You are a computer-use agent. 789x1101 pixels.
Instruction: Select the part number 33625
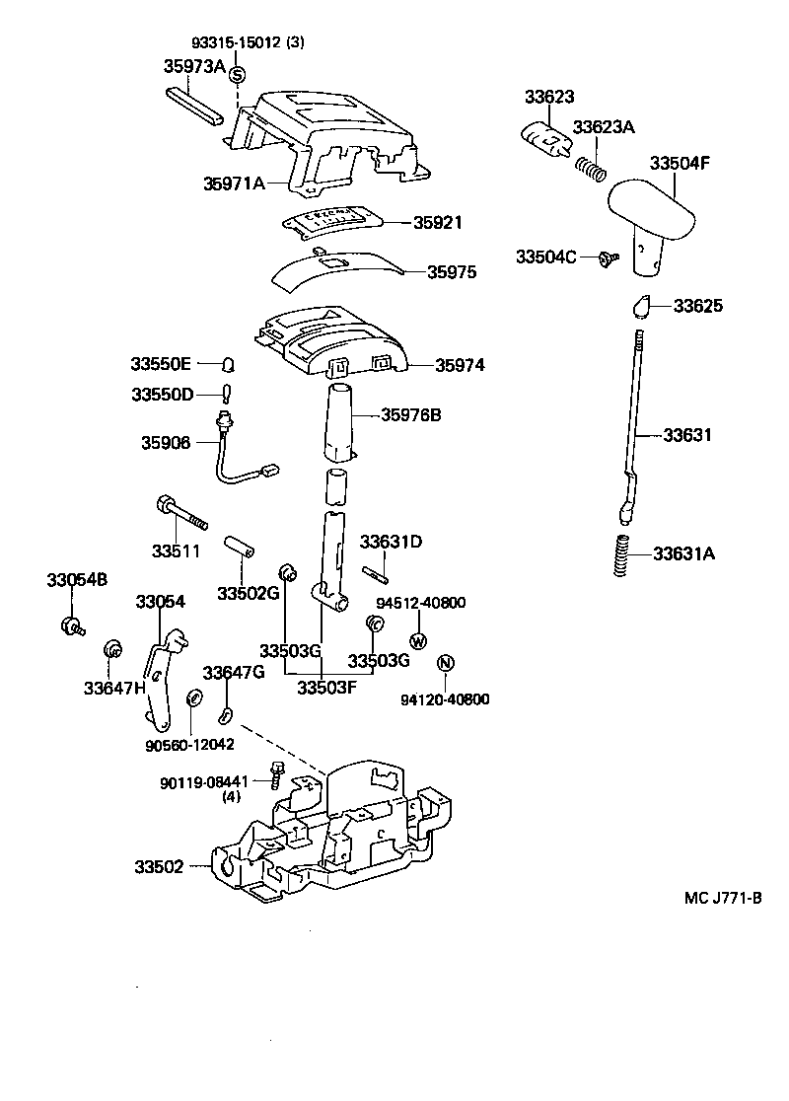(x=698, y=306)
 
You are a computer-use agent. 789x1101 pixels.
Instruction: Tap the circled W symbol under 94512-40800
(x=417, y=641)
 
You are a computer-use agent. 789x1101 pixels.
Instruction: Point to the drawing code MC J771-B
(x=724, y=898)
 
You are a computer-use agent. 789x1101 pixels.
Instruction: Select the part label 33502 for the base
(x=159, y=867)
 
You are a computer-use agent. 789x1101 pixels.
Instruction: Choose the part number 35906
(x=167, y=444)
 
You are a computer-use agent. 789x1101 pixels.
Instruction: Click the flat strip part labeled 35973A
(x=197, y=104)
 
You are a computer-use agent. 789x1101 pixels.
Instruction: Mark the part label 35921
(x=438, y=223)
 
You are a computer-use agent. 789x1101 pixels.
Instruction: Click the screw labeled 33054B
(x=74, y=624)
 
